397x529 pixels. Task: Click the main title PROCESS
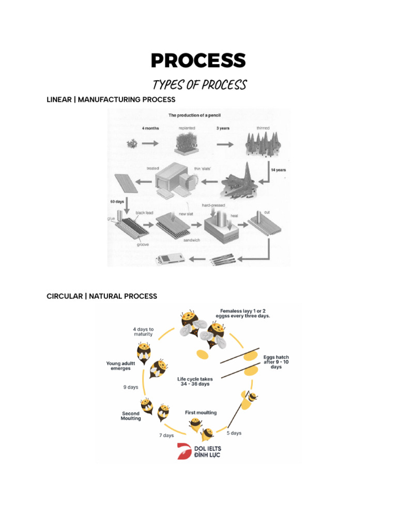198,60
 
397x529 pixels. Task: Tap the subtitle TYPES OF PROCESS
200,85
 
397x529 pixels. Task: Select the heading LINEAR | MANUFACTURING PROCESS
111,100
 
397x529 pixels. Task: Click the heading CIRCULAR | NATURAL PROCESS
102,296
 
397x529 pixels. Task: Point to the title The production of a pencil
194,115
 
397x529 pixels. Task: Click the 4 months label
150,128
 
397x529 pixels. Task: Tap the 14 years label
278,170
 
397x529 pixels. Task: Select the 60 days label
117,202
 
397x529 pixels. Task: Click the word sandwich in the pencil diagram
192,240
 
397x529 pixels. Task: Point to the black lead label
144,213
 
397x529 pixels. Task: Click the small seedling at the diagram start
132,144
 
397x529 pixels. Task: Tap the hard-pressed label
213,205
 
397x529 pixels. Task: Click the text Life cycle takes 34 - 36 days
195,381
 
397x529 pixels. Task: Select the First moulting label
201,413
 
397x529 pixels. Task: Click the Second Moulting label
131,416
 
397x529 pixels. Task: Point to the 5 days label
234,433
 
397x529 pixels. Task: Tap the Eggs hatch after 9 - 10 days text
276,362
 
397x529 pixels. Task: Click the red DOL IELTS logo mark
184,452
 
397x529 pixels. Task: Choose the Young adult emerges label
120,366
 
